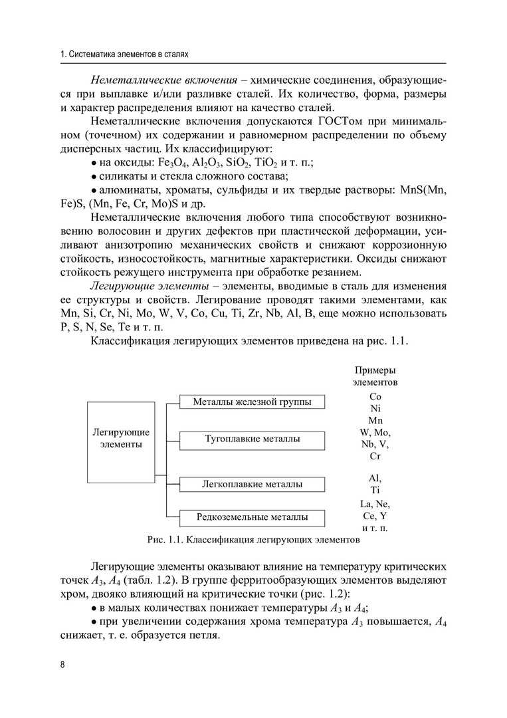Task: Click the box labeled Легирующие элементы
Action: (120, 439)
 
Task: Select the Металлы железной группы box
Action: (252, 402)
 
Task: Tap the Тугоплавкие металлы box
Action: (252, 439)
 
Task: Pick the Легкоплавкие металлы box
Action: (252, 485)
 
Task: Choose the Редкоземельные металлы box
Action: (252, 517)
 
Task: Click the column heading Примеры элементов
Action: (375, 377)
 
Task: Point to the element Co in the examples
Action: (375, 396)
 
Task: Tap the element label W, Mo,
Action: (375, 432)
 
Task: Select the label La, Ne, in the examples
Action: (375, 503)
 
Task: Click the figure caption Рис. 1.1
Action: (253, 540)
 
